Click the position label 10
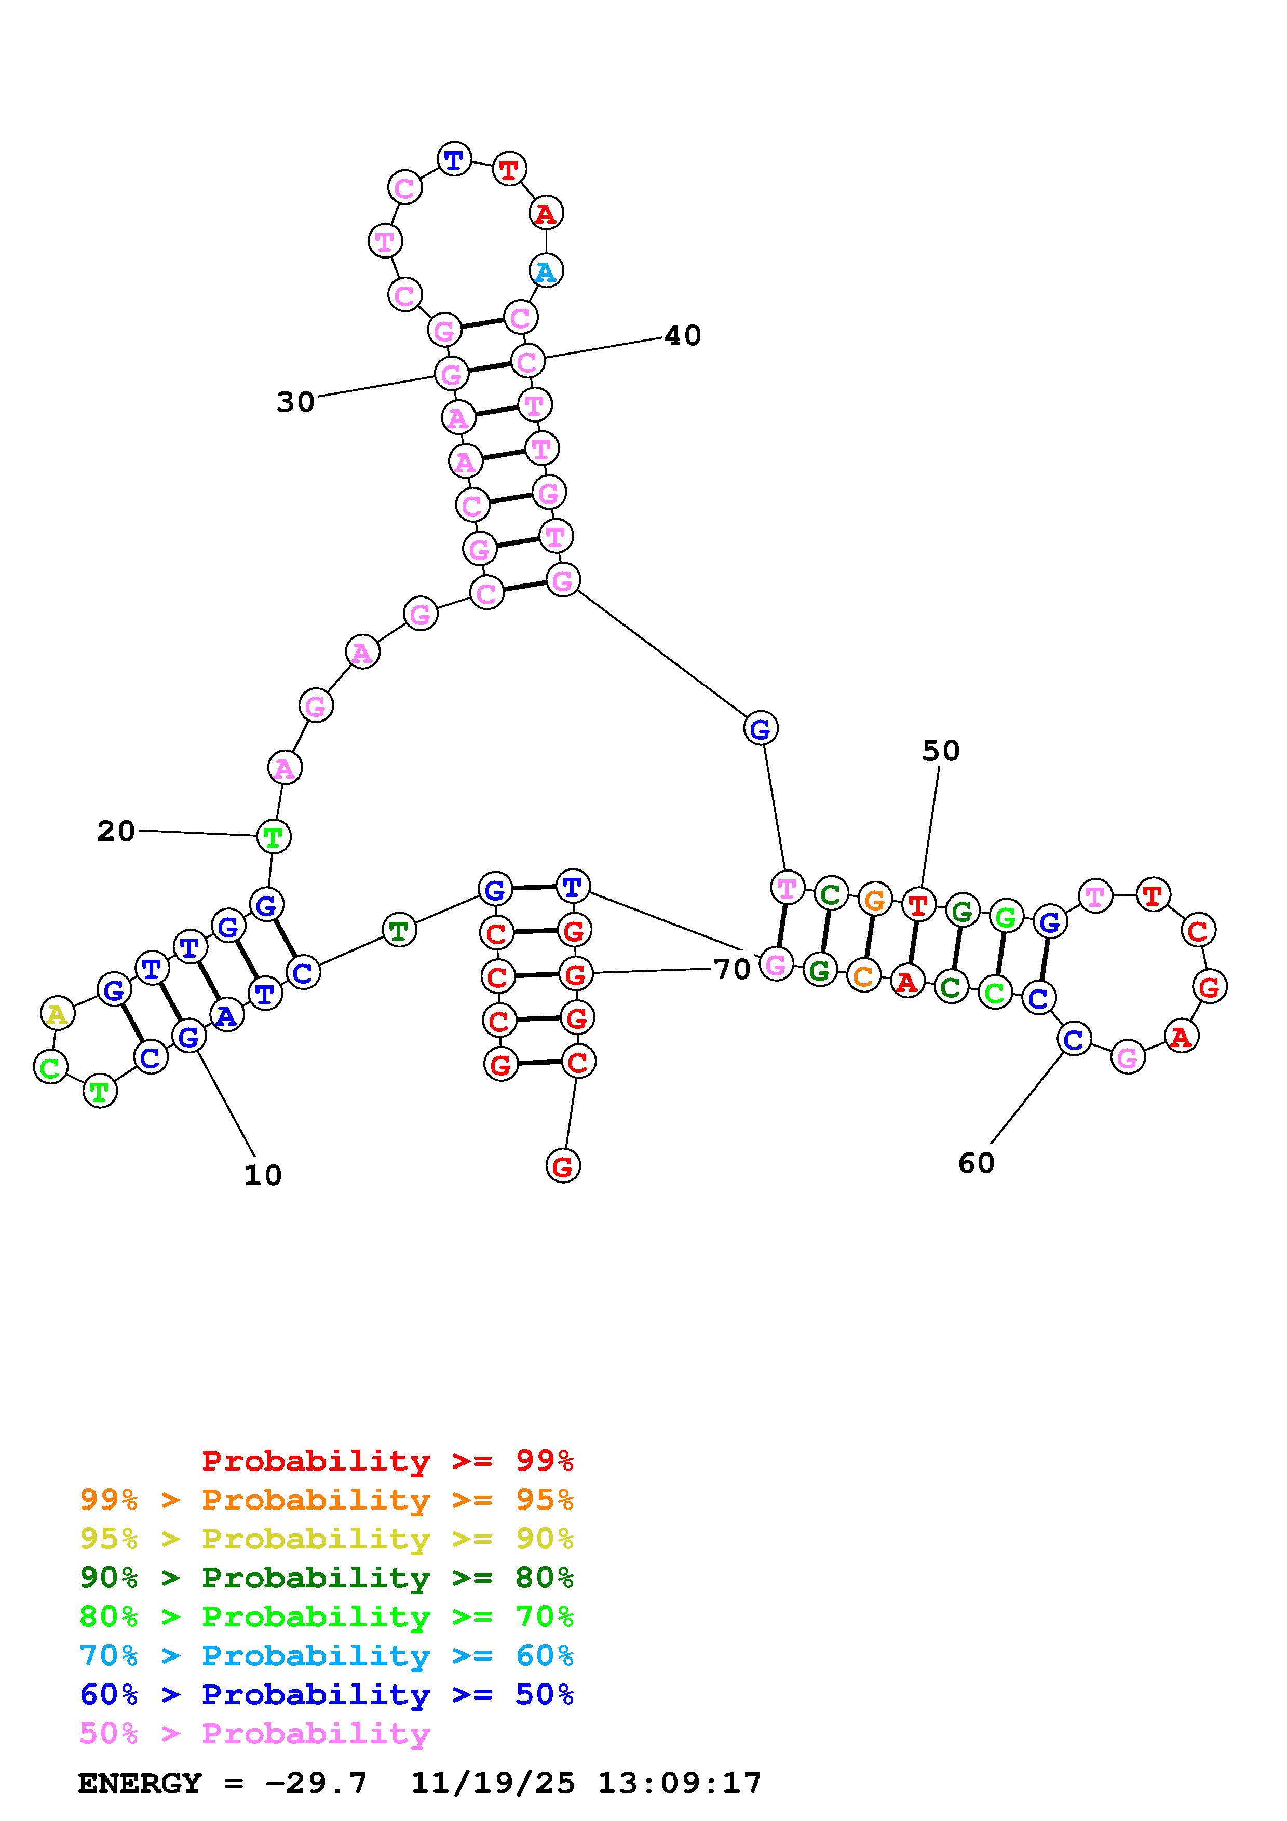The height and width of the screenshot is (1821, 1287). tap(263, 1175)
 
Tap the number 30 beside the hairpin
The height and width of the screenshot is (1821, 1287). tap(296, 402)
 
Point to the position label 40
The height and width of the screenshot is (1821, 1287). tap(683, 335)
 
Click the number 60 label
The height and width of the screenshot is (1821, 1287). tap(976, 1163)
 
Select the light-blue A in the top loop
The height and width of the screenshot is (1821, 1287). tap(546, 271)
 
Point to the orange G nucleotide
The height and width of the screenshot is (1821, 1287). tap(874, 900)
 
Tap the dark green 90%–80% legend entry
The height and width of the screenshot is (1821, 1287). tap(327, 1578)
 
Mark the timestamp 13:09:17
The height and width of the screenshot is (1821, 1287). tap(680, 1783)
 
